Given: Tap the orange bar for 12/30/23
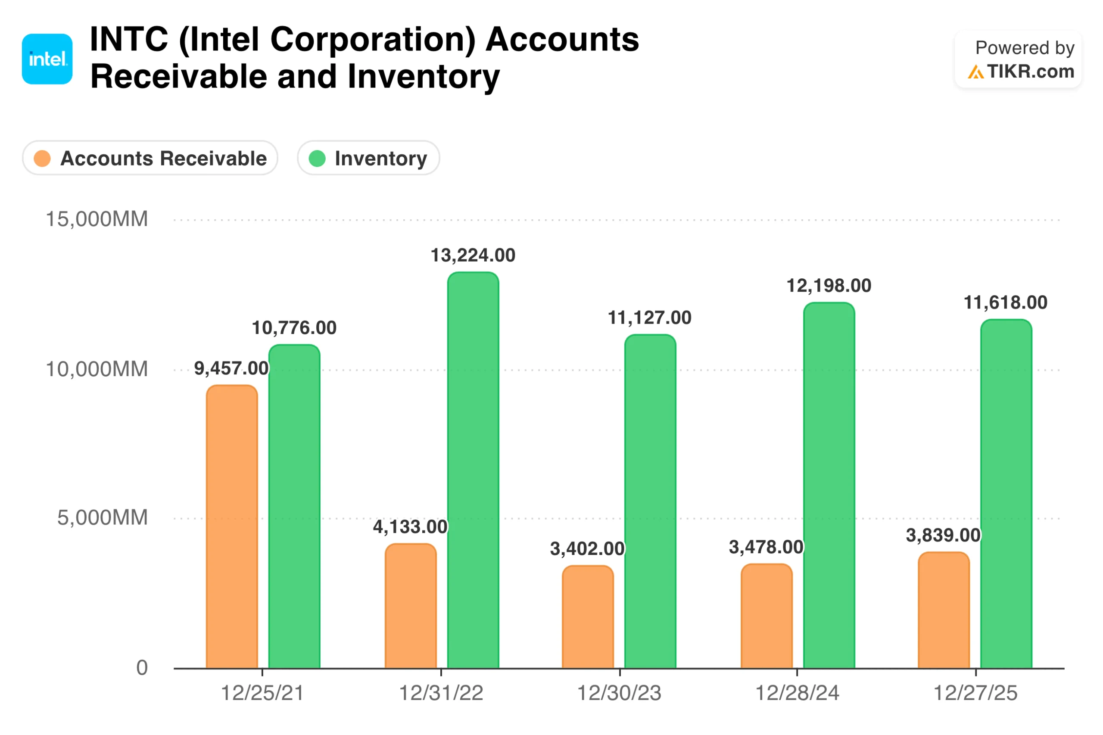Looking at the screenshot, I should [x=587, y=617].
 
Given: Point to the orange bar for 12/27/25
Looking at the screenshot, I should [x=943, y=609].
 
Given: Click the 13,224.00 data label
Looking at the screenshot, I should [x=473, y=255].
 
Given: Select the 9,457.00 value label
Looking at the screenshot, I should [x=231, y=368].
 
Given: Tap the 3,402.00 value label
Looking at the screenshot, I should [x=587, y=548].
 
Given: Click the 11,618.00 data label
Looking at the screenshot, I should [x=1005, y=302].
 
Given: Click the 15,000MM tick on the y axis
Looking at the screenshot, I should [x=97, y=219].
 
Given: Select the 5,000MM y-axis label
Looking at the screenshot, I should [x=102, y=517].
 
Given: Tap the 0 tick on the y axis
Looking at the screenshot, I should [x=142, y=667].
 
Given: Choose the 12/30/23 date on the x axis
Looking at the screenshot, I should [x=619, y=693].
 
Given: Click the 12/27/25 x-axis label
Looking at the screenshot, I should [x=975, y=693].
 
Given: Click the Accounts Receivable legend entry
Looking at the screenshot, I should [x=150, y=158].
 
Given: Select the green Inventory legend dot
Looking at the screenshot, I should [x=317, y=159].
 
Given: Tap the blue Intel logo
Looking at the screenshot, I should [x=47, y=59].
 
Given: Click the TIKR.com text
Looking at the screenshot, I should [x=1030, y=72].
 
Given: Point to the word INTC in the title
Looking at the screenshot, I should [x=128, y=39].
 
